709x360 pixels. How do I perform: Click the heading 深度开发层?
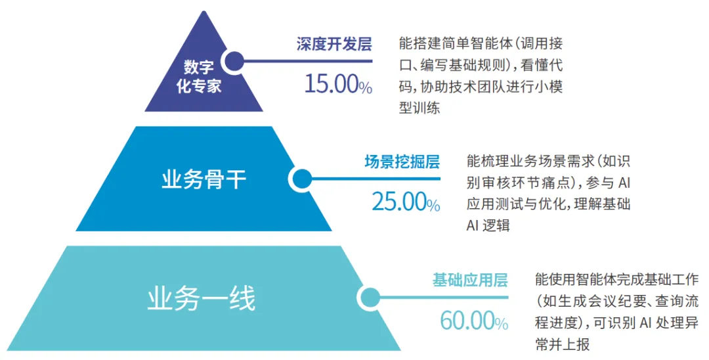[334, 44]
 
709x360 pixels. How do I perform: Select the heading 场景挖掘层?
[402, 162]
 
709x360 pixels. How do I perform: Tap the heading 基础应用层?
[470, 280]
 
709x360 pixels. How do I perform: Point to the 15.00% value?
[338, 83]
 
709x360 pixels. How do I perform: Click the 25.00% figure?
[406, 202]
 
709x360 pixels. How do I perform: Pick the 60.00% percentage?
[474, 321]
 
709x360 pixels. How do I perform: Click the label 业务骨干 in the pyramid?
[204, 180]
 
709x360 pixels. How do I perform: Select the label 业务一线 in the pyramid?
[202, 299]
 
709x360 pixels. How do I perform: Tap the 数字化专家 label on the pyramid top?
[199, 76]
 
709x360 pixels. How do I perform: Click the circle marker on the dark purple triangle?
[234, 61]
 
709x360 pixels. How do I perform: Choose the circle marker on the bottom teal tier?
[368, 298]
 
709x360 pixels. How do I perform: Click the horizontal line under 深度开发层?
[308, 61]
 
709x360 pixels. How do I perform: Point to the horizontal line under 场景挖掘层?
[376, 179]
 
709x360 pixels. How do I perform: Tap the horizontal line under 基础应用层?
[444, 298]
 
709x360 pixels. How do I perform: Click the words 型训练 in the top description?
[419, 108]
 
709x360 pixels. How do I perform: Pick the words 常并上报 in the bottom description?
[563, 344]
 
